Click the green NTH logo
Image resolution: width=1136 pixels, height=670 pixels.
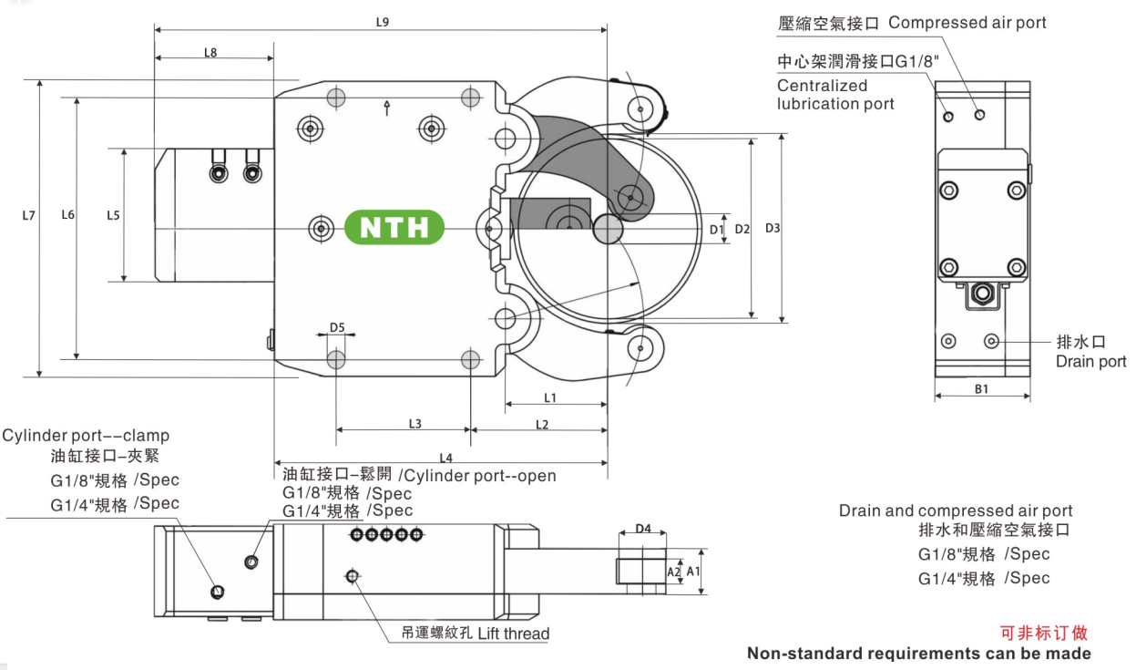pos(394,227)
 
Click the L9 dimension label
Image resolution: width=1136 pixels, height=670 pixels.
pos(383,22)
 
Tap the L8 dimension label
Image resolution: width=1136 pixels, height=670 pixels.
pos(210,52)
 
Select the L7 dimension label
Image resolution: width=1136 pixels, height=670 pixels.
pos(29,216)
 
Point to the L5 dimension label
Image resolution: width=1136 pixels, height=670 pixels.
pos(113,215)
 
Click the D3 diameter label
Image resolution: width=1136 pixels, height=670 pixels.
pos(773,227)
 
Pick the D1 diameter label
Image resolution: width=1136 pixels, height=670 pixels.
pos(716,229)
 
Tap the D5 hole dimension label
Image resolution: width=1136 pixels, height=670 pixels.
pos(337,327)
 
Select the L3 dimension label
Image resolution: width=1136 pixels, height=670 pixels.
pos(414,423)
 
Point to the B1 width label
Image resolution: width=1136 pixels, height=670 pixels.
pos(982,388)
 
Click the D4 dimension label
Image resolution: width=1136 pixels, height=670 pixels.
pos(643,528)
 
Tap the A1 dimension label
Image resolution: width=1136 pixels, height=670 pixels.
pos(693,571)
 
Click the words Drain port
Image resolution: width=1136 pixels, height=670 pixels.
pos(1090,362)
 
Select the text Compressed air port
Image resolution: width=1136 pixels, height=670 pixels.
pos(967,23)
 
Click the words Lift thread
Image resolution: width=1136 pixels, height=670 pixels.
pos(513,634)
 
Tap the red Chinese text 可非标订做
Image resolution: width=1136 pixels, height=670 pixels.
pos(1044,633)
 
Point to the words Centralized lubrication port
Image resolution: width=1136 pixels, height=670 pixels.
pos(834,95)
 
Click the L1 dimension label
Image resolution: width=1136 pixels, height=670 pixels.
pos(550,397)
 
